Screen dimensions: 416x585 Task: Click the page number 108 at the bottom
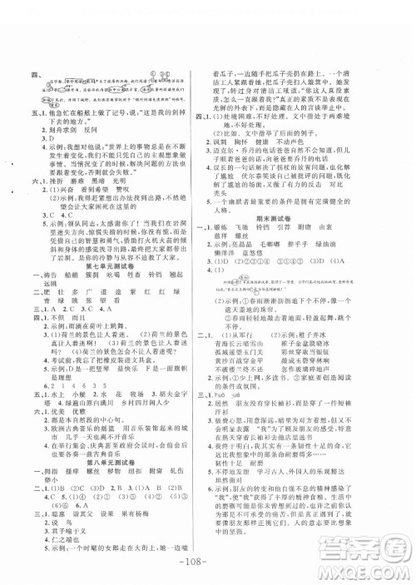coord(208,558)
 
